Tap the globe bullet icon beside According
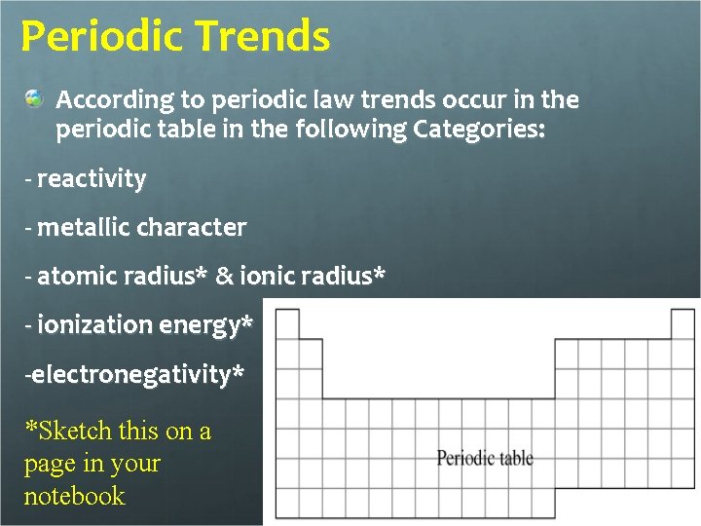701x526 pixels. (35, 99)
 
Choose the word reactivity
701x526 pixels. (92, 179)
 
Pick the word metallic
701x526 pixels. (85, 228)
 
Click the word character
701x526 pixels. (192, 228)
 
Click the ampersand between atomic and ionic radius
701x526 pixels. (224, 277)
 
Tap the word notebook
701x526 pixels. (74, 496)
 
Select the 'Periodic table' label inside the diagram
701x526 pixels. (485, 458)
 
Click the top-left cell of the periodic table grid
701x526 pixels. (286, 324)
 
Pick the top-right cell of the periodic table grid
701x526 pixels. (683, 324)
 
